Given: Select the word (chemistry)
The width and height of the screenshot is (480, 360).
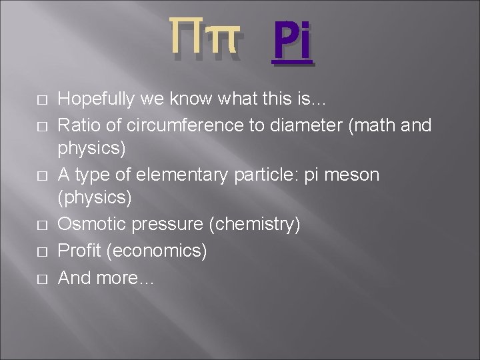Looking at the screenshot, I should click(255, 225).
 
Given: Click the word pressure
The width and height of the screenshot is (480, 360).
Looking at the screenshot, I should click(169, 225).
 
